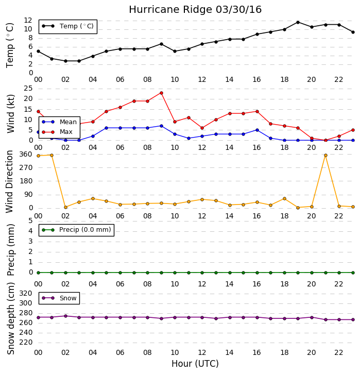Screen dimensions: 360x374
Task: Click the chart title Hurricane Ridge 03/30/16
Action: tap(195, 10)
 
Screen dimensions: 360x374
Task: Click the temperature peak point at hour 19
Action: tap(298, 22)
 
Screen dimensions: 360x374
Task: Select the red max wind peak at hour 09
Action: tap(161, 93)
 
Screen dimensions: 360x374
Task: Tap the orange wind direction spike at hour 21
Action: tap(325, 155)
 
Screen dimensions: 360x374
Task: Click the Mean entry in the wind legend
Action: tap(59, 122)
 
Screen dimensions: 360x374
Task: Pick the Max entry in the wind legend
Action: tap(57, 132)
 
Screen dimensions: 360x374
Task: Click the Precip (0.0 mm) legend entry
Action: tap(76, 230)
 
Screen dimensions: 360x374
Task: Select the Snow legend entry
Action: tap(59, 298)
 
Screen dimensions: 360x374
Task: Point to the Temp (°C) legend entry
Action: tap(67, 26)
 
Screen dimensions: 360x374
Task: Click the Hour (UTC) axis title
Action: tap(195, 364)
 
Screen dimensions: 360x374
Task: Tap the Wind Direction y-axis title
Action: tap(9, 181)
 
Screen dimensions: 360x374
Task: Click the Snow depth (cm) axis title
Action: tap(10, 318)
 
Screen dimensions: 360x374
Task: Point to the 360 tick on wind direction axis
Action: tap(26, 154)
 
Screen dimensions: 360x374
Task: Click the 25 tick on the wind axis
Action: tap(28, 89)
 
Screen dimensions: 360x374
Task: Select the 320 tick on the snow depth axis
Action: tap(26, 293)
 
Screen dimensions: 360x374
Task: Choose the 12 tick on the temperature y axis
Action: tap(28, 20)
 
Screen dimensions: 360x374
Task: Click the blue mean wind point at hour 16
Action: tap(257, 130)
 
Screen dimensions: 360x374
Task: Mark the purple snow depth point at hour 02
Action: tap(65, 316)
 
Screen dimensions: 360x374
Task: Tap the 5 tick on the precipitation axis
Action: tap(30, 220)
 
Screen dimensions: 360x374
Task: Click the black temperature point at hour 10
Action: tap(175, 52)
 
